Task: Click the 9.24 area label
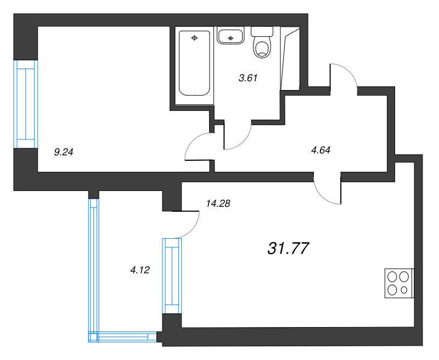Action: coord(64,152)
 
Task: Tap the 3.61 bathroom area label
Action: coord(248,78)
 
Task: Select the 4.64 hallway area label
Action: coord(320,150)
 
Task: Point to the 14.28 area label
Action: coord(218,204)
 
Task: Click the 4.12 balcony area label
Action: coord(140,270)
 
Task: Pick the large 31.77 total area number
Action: coord(289,248)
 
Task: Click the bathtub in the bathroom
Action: coord(194,63)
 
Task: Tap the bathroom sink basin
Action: coord(230,36)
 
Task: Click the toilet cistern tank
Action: coord(262,31)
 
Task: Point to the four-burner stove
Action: coord(399,283)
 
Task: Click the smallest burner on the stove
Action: coord(404,290)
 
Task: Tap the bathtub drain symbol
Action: coord(194,38)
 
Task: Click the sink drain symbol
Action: coord(230,38)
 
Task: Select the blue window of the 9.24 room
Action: coord(26,104)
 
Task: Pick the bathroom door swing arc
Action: coord(243,142)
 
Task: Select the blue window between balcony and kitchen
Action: coord(172,275)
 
